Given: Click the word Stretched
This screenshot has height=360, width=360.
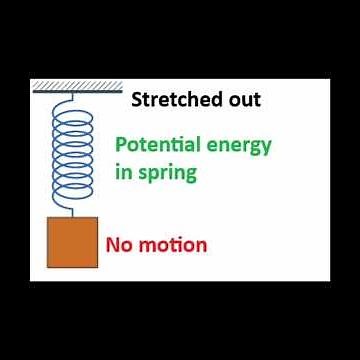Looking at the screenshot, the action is (172, 99).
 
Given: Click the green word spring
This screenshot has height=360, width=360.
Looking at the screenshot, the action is (168, 172).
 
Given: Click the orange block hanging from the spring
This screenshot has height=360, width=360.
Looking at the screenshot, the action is (72, 243).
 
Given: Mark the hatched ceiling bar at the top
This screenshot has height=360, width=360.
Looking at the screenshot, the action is (77, 87).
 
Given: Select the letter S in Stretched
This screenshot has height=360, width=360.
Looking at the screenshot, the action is (137, 99).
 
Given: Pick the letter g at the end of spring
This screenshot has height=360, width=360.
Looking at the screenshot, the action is (190, 174).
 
